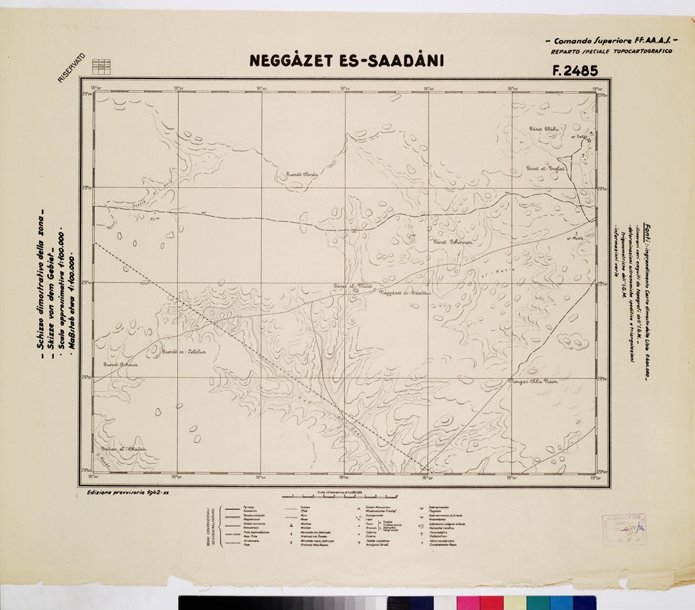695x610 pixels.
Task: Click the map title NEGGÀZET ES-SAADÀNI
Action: pos(346,61)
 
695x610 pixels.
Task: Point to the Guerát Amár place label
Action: pos(301,175)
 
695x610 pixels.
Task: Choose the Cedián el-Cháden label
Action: pos(119,448)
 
